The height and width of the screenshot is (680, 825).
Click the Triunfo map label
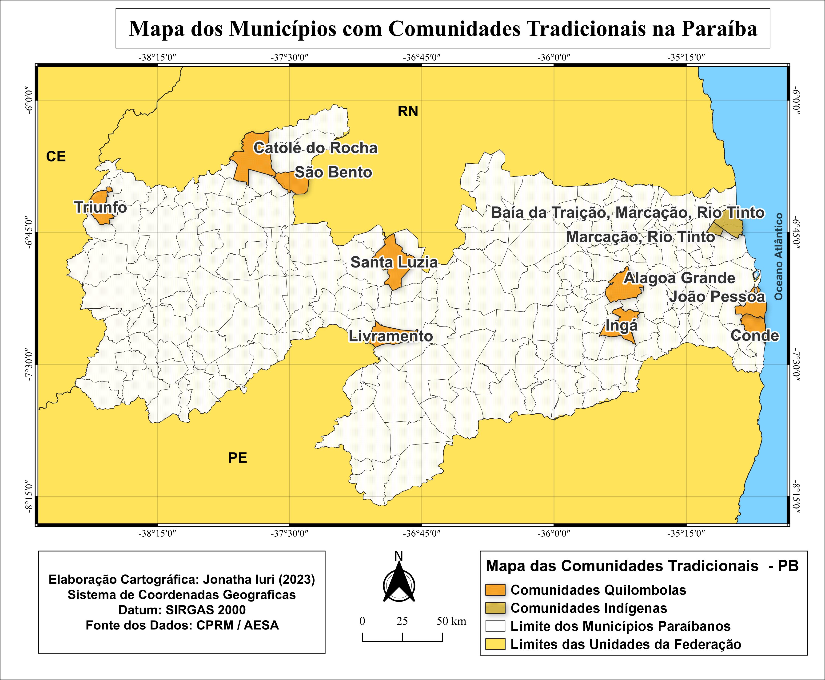click(x=101, y=207)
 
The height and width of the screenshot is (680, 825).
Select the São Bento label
click(x=333, y=172)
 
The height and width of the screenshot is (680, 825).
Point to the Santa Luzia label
click(x=394, y=262)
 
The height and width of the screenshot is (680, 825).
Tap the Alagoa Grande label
click(x=679, y=278)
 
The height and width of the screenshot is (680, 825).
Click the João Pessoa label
click(x=717, y=297)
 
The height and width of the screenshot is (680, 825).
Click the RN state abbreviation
click(x=408, y=112)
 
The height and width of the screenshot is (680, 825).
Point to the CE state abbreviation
click(x=56, y=157)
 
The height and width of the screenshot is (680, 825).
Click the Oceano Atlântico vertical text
click(x=778, y=257)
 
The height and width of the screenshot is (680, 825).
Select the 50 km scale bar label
click(x=451, y=621)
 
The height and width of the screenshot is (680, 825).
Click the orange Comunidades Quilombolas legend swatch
click(x=495, y=590)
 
